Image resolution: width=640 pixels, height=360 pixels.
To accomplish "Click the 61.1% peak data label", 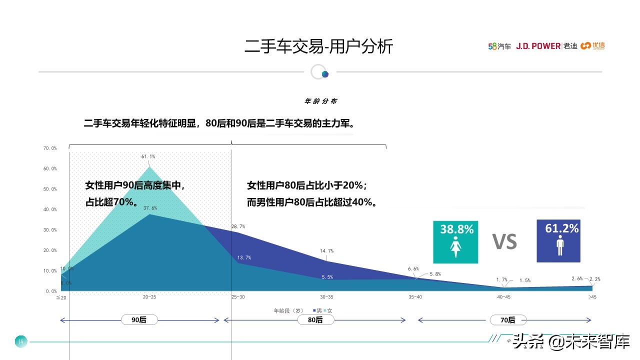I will (x=148, y=156).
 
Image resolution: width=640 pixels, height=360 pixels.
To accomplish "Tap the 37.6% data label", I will (x=150, y=208).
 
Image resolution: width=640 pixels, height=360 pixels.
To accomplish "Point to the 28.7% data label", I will (x=238, y=226).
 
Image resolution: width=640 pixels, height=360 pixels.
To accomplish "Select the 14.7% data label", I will (x=326, y=251).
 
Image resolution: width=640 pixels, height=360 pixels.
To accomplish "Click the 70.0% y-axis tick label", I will (x=50, y=148).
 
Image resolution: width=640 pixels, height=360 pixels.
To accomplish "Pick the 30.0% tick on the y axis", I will (x=50, y=230).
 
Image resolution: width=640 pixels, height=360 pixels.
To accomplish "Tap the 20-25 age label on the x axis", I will (x=149, y=297).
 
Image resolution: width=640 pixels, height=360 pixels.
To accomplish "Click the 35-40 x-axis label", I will (x=415, y=297).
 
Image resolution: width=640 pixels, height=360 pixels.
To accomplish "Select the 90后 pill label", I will (x=139, y=319).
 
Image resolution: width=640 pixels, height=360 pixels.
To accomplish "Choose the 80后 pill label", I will (x=315, y=319).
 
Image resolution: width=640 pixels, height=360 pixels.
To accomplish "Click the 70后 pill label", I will (x=507, y=319).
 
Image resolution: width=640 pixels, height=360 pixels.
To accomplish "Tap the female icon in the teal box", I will (x=455, y=248).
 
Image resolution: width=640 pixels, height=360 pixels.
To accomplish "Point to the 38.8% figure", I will (x=456, y=229).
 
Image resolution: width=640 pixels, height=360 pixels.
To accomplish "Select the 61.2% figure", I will (x=561, y=228).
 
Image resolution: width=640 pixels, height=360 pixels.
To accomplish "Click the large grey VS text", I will (x=504, y=242).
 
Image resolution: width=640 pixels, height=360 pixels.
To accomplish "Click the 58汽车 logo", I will (x=499, y=46).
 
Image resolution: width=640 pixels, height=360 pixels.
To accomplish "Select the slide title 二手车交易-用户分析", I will (x=319, y=46).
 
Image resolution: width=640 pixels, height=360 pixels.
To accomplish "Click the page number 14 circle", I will (x=20, y=341).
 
